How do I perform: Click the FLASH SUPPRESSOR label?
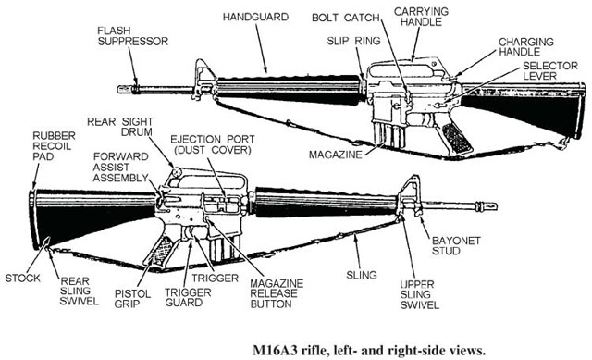pos(133,36)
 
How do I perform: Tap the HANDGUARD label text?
pos(255,17)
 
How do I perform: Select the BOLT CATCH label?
pos(345,18)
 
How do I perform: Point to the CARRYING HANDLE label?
pos(422,17)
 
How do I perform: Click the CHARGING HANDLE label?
pos(526,46)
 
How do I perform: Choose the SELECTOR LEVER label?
pos(550,70)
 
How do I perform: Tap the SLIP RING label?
pos(353,41)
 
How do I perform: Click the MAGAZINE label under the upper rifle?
pos(335,155)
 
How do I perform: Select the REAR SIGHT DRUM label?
pos(120,127)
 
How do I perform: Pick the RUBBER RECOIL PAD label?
pos(54,146)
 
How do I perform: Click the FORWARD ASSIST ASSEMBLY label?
pos(121,167)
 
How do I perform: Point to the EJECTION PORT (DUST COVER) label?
pos(213,144)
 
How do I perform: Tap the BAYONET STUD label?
pos(456,245)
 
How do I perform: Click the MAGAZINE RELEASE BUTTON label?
pos(277,293)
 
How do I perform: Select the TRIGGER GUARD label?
pos(188,297)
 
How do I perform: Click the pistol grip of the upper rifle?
pos(455,136)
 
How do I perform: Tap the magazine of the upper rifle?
pos(388,133)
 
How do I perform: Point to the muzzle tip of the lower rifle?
pos(496,206)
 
